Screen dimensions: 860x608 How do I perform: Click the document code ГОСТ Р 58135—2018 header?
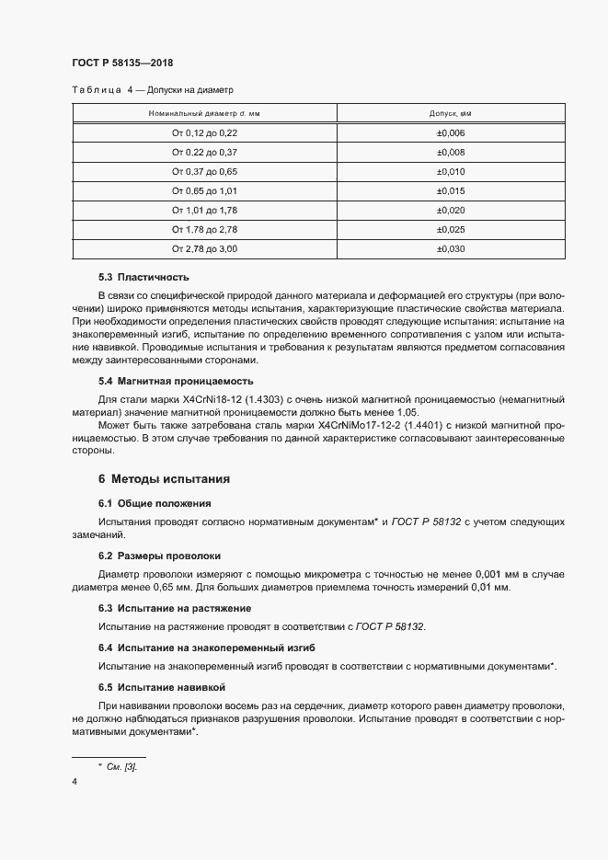[122, 63]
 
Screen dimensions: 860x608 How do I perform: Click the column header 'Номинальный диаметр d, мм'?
[204, 113]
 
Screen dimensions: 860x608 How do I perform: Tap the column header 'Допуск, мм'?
[450, 113]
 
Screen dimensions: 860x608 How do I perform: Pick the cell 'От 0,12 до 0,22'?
[204, 132]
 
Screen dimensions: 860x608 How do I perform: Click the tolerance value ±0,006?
[450, 132]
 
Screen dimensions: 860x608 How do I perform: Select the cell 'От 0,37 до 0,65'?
[204, 171]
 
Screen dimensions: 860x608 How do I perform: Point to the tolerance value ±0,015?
[450, 190]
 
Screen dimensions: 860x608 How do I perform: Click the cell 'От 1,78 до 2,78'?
[204, 229]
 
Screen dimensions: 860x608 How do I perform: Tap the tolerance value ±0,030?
[450, 248]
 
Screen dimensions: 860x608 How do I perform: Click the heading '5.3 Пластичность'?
[143, 277]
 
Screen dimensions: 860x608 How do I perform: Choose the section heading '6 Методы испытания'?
[164, 479]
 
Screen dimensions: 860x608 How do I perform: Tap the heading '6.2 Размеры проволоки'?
[159, 556]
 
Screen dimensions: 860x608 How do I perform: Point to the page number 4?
[75, 782]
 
